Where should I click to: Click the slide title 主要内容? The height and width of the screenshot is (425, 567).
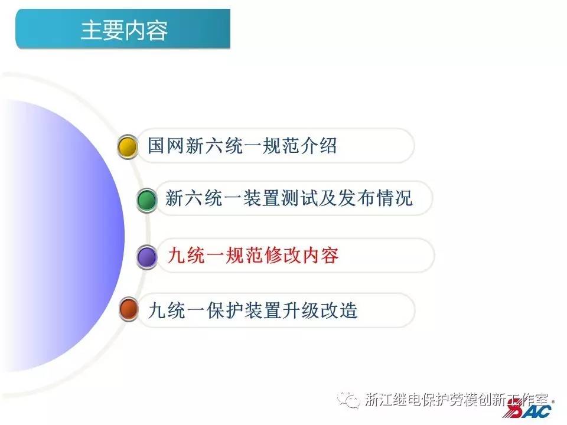[124, 30]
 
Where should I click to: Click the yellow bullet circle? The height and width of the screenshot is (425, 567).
[128, 146]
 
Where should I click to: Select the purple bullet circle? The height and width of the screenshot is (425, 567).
[146, 257]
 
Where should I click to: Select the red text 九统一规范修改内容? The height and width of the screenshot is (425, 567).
[253, 256]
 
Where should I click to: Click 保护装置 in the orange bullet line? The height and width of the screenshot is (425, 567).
[242, 310]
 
